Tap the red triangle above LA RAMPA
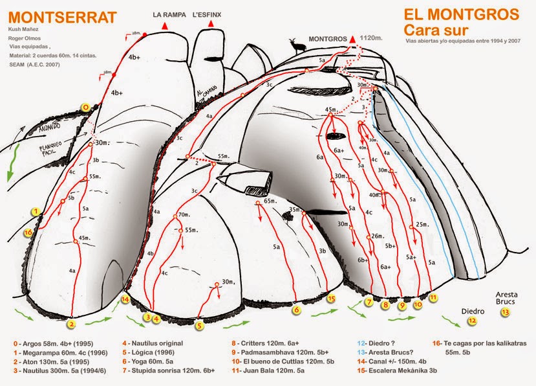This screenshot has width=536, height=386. (x=165, y=25)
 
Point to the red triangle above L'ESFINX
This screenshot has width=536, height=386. (x=210, y=25)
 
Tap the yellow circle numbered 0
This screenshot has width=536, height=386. (x=85, y=108)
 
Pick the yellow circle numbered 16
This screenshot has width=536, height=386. (x=28, y=233)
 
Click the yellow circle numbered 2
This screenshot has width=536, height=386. (x=72, y=324)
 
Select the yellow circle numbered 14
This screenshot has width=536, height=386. (x=125, y=299)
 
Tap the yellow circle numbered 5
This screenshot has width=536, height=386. (x=200, y=326)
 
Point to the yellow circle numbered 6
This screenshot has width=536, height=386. (x=296, y=310)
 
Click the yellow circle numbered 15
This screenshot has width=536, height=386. (x=332, y=299)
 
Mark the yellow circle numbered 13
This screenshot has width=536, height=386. (x=505, y=312)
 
